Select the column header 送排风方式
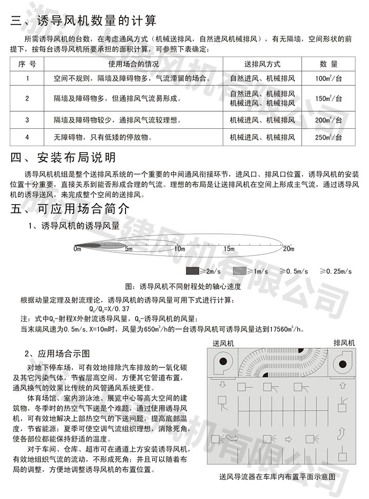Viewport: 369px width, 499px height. [x=262, y=65]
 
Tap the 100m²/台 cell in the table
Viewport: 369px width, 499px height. [x=329, y=79]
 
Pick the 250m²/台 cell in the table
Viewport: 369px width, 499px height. [x=329, y=137]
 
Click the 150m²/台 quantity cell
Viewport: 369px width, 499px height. [x=329, y=98]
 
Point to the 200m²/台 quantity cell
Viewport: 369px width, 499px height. [x=329, y=120]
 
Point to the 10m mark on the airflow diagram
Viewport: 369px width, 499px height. [x=179, y=249]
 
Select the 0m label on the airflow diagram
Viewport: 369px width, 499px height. [x=77, y=249]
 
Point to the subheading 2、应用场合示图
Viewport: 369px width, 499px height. [x=57, y=354]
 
